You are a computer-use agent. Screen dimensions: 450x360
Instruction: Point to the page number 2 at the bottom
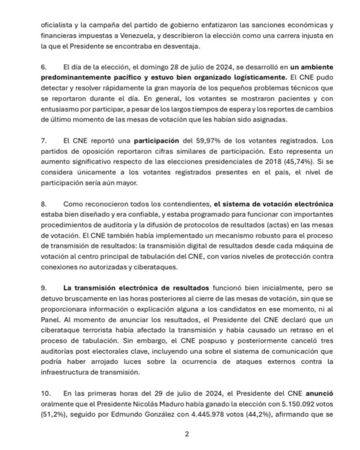point(187,434)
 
